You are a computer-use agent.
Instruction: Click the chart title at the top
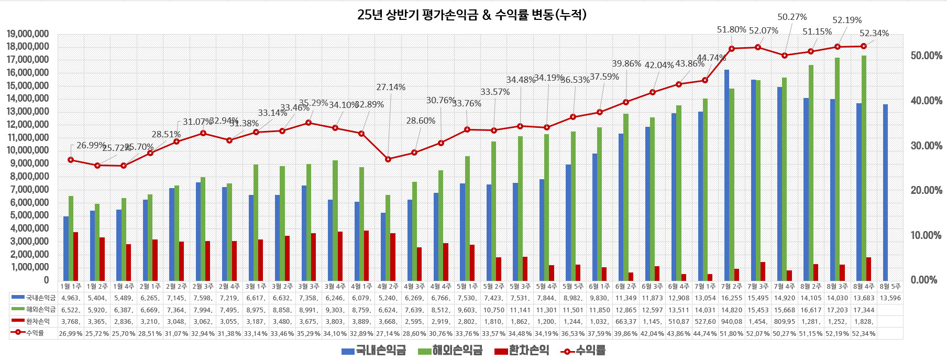point(471,15)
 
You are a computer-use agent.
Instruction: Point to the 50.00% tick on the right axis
point(926,56)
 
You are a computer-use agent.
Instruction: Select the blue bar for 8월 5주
point(885,192)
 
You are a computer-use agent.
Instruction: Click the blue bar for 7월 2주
point(726,175)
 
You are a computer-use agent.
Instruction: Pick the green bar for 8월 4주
point(864,168)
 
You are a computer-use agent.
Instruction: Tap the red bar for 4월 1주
point(366,255)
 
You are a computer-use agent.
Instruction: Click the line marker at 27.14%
point(388,159)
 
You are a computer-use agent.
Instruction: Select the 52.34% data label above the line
point(874,34)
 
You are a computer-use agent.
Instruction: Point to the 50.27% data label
point(792,17)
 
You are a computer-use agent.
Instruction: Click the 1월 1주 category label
point(71,287)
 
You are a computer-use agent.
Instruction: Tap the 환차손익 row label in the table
point(38,321)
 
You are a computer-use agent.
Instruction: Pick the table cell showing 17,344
point(864,310)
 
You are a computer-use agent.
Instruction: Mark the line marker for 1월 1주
point(71,160)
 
